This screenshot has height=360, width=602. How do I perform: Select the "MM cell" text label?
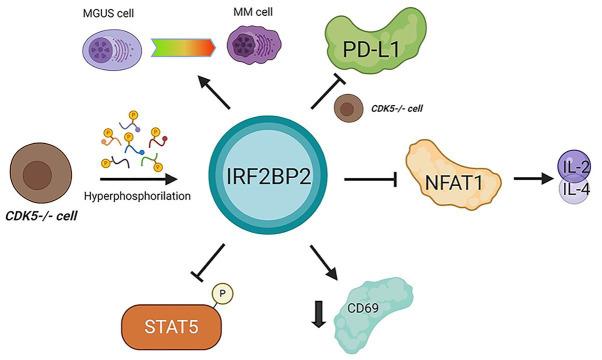point(250,11)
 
